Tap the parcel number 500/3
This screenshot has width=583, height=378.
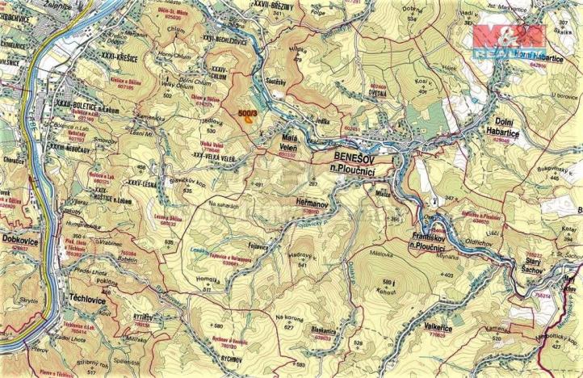click(x=248, y=115)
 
